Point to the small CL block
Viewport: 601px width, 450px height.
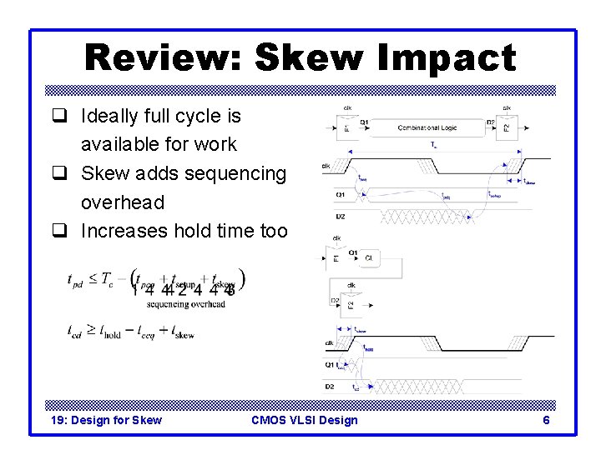[369, 258]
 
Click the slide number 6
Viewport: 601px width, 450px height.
[546, 420]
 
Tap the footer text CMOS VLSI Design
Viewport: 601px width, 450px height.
[304, 420]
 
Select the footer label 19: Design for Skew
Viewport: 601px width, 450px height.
[106, 420]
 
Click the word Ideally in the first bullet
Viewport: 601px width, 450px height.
[109, 116]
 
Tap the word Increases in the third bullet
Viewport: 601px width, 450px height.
[124, 231]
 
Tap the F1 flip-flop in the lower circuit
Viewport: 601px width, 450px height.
[336, 259]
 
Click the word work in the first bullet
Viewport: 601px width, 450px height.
[217, 144]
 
